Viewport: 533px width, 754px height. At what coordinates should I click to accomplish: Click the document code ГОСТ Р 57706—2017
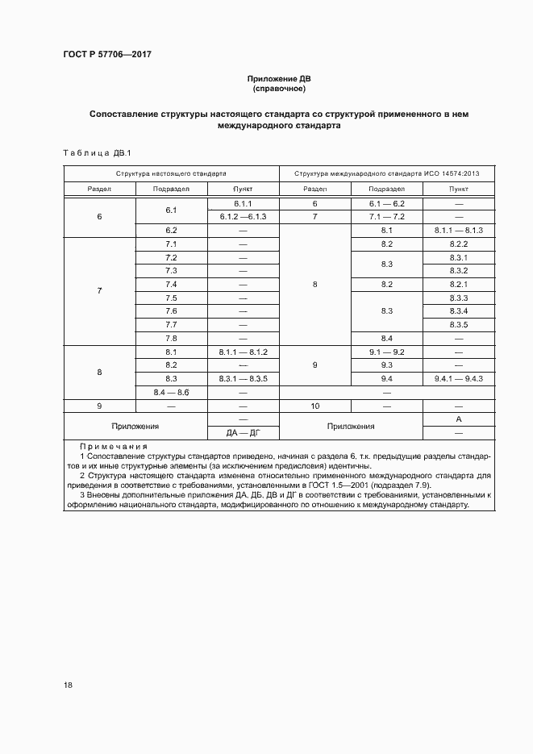[106, 54]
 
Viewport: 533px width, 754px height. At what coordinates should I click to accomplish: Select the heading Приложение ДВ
[278, 79]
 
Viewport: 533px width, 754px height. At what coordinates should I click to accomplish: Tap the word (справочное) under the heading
[278, 90]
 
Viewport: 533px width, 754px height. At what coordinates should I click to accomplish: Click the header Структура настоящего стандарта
[171, 173]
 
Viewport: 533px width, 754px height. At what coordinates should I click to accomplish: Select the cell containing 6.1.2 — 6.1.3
[243, 217]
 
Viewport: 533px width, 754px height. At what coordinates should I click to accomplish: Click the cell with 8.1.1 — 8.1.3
[458, 231]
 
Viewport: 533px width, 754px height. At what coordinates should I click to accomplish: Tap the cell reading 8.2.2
[458, 244]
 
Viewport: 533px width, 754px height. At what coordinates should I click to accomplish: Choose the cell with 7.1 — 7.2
[385, 217]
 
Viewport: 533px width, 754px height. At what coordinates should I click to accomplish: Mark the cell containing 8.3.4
[458, 311]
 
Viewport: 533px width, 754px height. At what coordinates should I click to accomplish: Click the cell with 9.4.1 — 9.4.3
[458, 378]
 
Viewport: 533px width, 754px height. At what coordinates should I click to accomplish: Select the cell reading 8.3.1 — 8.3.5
[243, 378]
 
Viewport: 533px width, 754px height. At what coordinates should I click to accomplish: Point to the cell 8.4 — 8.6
[171, 392]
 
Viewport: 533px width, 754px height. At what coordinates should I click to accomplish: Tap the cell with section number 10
[314, 406]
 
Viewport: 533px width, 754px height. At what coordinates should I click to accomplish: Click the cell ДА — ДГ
[243, 433]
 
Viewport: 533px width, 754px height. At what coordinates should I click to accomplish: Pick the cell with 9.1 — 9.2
[385, 352]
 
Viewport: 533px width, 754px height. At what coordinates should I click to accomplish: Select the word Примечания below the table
[113, 447]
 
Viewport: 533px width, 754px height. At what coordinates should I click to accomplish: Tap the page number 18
[69, 685]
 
